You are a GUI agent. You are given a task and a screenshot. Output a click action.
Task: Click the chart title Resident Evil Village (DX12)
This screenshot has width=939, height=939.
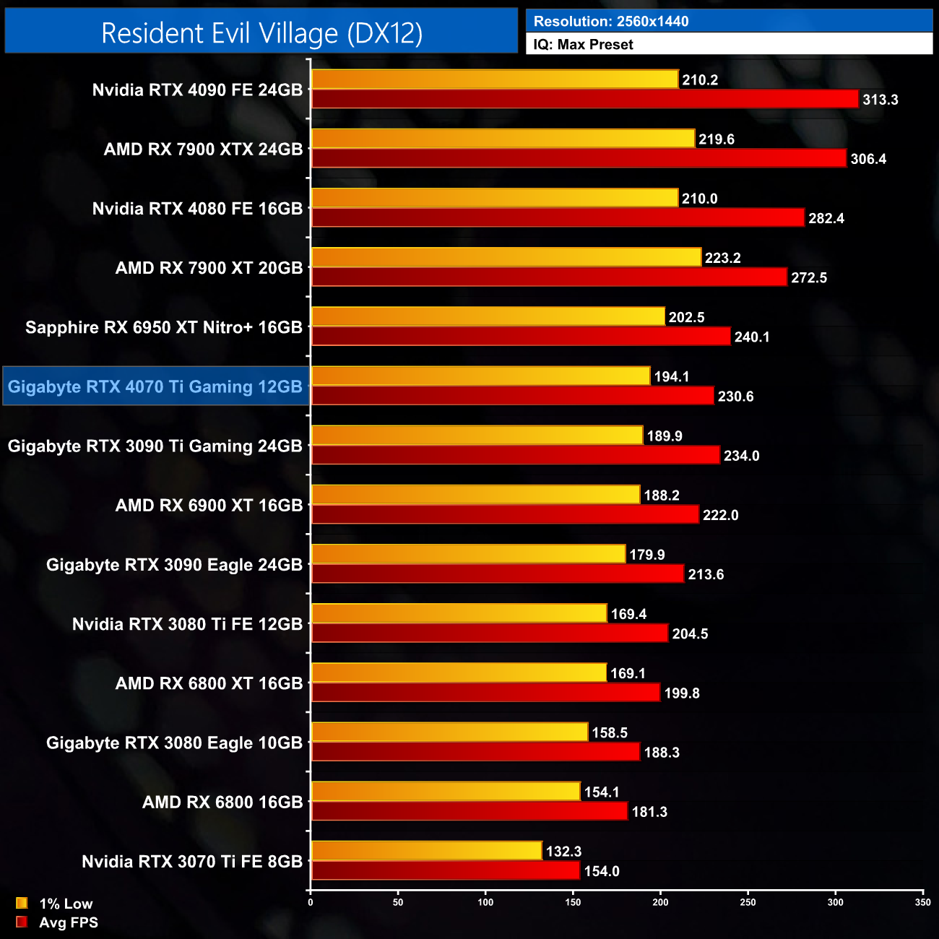pyautogui.click(x=261, y=33)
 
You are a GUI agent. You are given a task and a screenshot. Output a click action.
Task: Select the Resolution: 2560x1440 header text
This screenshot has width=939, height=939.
pyautogui.click(x=610, y=21)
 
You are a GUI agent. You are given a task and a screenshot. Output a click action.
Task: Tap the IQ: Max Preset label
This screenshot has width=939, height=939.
pyautogui.click(x=583, y=44)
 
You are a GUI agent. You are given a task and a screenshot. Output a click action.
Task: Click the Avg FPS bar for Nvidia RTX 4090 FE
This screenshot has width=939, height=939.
pyautogui.click(x=584, y=99)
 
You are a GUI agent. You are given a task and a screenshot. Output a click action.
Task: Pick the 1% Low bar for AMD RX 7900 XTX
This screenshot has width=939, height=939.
pyautogui.click(x=503, y=139)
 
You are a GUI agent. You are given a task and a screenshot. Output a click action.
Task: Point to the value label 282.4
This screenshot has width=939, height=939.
pyautogui.click(x=826, y=218)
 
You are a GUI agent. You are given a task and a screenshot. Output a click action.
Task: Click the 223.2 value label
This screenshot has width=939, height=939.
pyautogui.click(x=722, y=258)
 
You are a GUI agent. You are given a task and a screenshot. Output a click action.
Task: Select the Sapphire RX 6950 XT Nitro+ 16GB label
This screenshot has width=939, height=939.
pyautogui.click(x=164, y=327)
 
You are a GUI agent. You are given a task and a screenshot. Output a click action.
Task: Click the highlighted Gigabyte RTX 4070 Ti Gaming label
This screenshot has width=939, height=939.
pyautogui.click(x=155, y=386)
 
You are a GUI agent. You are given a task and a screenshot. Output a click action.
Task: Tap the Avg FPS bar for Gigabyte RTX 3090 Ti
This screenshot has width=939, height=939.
pyautogui.click(x=515, y=455)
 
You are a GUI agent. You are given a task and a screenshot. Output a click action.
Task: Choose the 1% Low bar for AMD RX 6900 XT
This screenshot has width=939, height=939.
pyautogui.click(x=475, y=495)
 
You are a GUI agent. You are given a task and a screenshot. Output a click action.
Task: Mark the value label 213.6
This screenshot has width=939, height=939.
pyautogui.click(x=706, y=574)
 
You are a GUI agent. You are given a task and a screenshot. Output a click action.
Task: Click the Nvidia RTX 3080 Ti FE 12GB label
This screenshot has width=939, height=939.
pyautogui.click(x=187, y=624)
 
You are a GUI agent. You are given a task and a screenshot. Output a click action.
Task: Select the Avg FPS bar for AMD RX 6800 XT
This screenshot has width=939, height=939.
pyautogui.click(x=485, y=693)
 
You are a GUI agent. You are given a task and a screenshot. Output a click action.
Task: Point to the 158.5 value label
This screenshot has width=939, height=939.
pyautogui.click(x=610, y=732)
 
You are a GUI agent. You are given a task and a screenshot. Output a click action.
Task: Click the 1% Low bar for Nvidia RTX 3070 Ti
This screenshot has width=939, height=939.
pyautogui.click(x=426, y=851)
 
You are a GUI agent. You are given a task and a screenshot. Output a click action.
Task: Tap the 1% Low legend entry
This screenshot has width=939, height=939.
pyautogui.click(x=65, y=904)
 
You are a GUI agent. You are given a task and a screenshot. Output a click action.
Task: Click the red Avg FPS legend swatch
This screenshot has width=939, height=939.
pyautogui.click(x=22, y=922)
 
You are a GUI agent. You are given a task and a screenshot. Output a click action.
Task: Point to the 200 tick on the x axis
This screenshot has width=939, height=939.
pyautogui.click(x=660, y=902)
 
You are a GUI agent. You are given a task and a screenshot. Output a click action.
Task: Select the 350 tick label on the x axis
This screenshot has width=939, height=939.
pyautogui.click(x=922, y=902)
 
